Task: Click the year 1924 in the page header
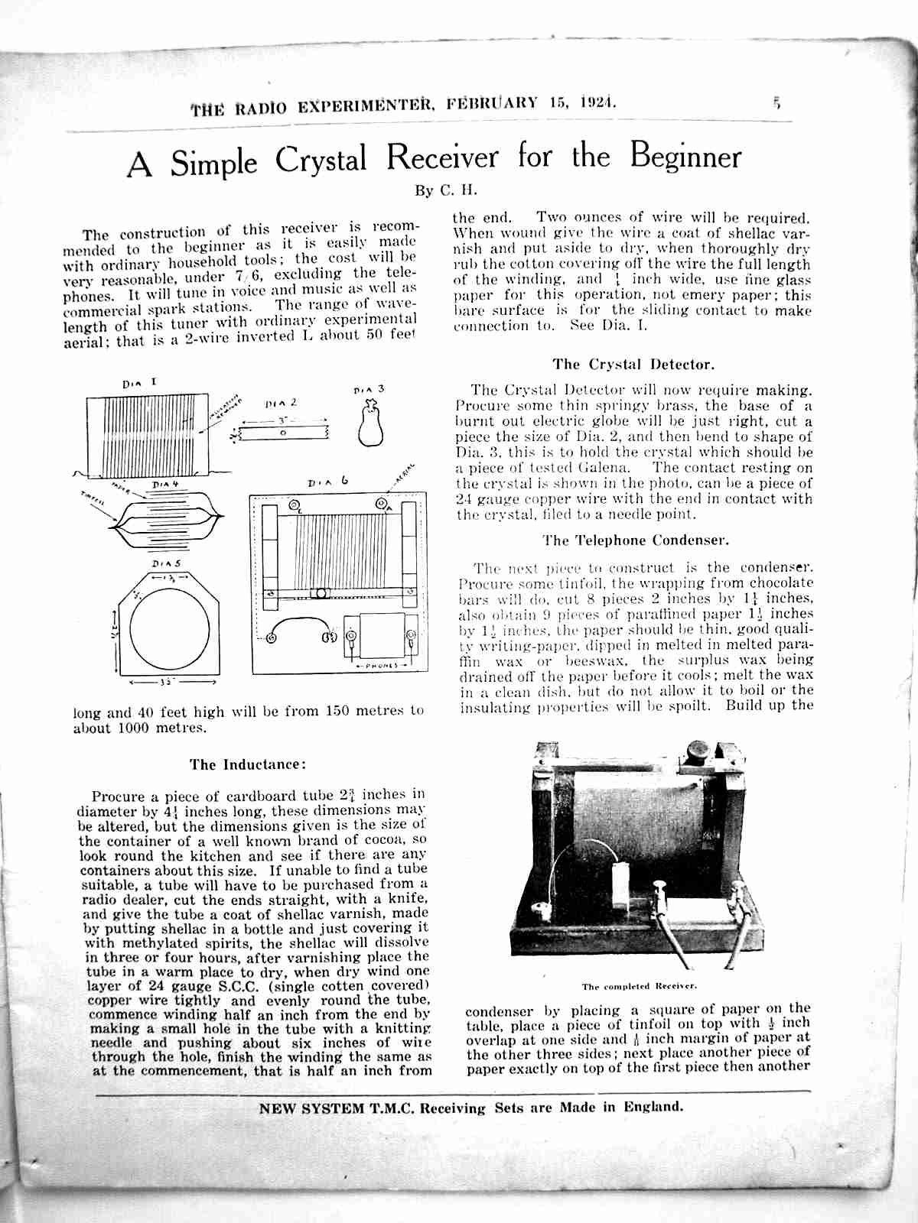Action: coord(597,103)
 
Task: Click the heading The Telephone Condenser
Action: coord(636,540)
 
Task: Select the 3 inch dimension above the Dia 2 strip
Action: coord(282,420)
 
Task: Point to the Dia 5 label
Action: coord(165,563)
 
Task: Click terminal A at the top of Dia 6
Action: coord(380,505)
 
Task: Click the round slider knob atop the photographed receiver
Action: coord(698,750)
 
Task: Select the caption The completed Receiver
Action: coord(638,986)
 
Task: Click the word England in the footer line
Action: coord(652,1106)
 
